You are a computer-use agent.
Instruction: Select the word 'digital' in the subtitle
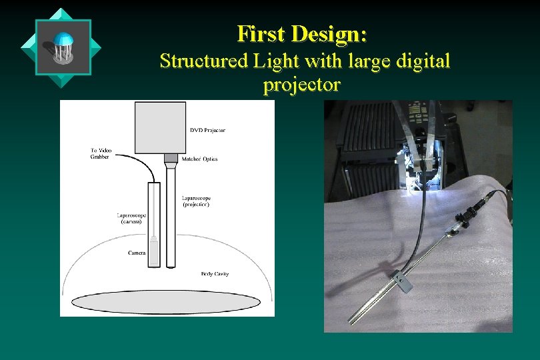tap(421, 61)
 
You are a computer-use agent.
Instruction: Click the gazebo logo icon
tap(63, 47)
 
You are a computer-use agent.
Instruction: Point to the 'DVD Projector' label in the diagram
tap(207, 130)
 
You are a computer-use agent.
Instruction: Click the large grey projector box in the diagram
tap(159, 127)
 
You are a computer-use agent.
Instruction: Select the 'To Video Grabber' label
tap(100, 153)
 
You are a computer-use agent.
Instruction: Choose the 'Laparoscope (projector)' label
tap(196, 201)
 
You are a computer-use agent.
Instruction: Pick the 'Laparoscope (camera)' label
tap(130, 218)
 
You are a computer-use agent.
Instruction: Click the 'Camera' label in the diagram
tap(137, 253)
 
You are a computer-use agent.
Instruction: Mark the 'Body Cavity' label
tap(215, 274)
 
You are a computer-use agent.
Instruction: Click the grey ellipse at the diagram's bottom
tap(165, 302)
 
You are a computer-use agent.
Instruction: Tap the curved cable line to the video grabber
tap(137, 160)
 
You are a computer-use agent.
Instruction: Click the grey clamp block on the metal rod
tap(401, 281)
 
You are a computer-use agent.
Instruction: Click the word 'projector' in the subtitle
tap(301, 85)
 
